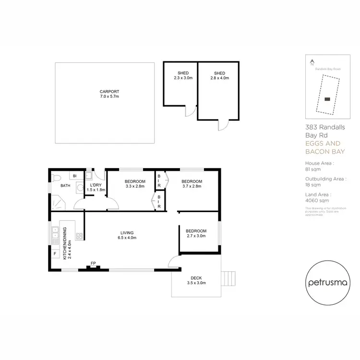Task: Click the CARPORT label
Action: (x=109, y=94)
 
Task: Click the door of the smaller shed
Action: (x=191, y=111)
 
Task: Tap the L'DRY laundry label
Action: (x=95, y=187)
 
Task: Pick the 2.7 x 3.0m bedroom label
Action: (x=196, y=233)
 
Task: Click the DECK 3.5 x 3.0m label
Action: (x=196, y=280)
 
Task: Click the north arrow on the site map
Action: (x=312, y=61)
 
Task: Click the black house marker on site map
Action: (x=327, y=99)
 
